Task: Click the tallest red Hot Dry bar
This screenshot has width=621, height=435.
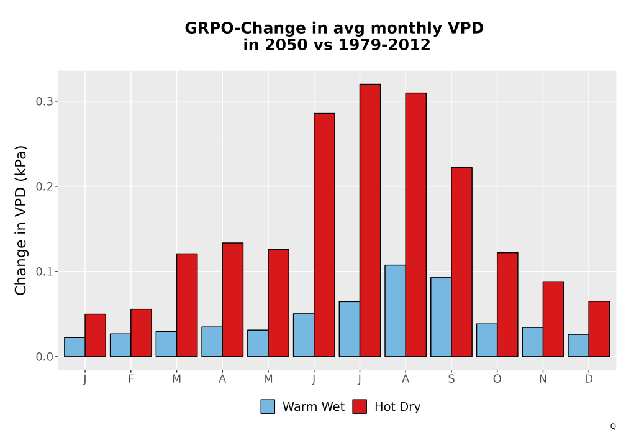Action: pyautogui.click(x=370, y=220)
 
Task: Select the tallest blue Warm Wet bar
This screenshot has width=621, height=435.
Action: pyautogui.click(x=395, y=311)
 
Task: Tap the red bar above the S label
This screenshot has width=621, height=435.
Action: pyautogui.click(x=462, y=262)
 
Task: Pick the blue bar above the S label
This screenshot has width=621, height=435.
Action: pyautogui.click(x=441, y=317)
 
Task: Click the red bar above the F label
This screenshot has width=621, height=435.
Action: pyautogui.click(x=141, y=333)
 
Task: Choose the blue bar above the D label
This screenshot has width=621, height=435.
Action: pyautogui.click(x=578, y=346)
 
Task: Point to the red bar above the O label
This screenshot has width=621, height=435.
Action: pyautogui.click(x=507, y=304)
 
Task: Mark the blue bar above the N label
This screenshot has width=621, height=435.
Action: pyautogui.click(x=533, y=342)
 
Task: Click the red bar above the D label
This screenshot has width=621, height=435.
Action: pyautogui.click(x=599, y=329)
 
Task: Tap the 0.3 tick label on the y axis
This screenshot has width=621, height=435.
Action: pyautogui.click(x=44, y=101)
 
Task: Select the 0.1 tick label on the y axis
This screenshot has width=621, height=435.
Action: pyautogui.click(x=44, y=272)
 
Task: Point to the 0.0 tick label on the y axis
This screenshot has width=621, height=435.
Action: pyautogui.click(x=44, y=357)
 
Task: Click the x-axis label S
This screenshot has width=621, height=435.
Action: pyautogui.click(x=451, y=379)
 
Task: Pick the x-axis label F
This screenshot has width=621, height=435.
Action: pyautogui.click(x=130, y=379)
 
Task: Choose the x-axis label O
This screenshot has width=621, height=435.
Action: pyautogui.click(x=497, y=379)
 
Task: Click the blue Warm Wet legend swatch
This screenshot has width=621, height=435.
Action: pyautogui.click(x=268, y=406)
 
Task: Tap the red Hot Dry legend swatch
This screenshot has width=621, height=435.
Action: pyautogui.click(x=360, y=406)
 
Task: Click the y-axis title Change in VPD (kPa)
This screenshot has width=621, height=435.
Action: pyautogui.click(x=20, y=221)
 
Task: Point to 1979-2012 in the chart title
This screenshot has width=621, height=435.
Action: pyautogui.click(x=384, y=45)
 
